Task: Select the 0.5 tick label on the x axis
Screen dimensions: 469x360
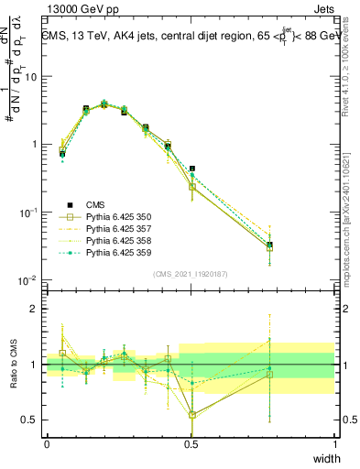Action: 191,444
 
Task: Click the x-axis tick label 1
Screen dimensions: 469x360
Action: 334,444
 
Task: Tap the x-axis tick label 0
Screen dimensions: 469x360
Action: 47,444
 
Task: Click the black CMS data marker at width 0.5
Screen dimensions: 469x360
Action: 191,169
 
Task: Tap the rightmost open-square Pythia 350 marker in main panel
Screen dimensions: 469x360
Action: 269,248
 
